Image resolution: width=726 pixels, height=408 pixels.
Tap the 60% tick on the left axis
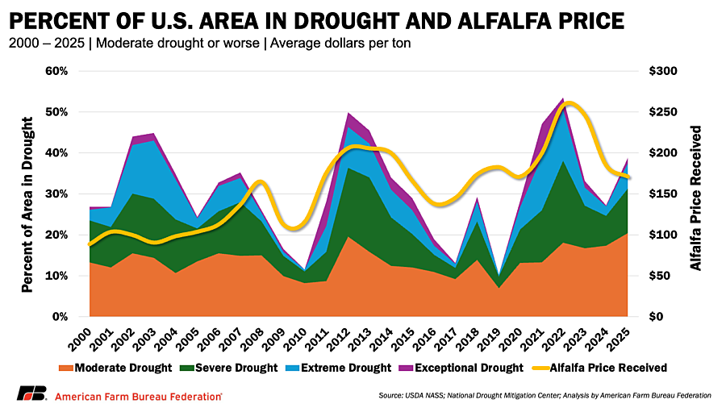click(57, 71)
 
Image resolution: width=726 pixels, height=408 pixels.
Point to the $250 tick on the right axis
click(663, 112)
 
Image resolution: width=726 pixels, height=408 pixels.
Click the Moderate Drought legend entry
click(115, 368)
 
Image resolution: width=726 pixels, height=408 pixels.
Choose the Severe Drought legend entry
click(229, 368)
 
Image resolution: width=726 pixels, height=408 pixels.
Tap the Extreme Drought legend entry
click(339, 368)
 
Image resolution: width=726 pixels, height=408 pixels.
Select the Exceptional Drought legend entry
click(461, 368)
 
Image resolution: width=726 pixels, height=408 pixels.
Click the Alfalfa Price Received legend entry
click(599, 368)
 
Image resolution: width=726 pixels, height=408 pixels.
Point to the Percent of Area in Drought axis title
click(27, 205)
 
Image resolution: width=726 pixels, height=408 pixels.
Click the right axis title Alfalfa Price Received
click(696, 198)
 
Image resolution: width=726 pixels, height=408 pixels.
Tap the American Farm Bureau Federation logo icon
click(32, 393)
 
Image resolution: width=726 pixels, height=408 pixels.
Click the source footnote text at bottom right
click(544, 396)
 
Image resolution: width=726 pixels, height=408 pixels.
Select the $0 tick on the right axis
click(657, 317)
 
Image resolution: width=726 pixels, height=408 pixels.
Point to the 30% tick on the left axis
click(57, 194)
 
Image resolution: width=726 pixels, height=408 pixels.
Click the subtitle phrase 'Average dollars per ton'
click(340, 44)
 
